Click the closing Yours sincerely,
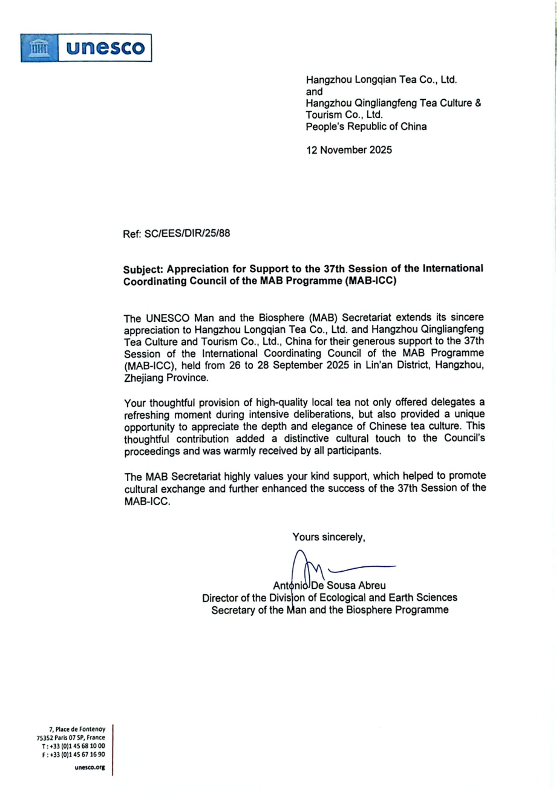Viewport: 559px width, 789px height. coord(329,536)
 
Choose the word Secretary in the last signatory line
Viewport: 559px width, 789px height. coord(233,610)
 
